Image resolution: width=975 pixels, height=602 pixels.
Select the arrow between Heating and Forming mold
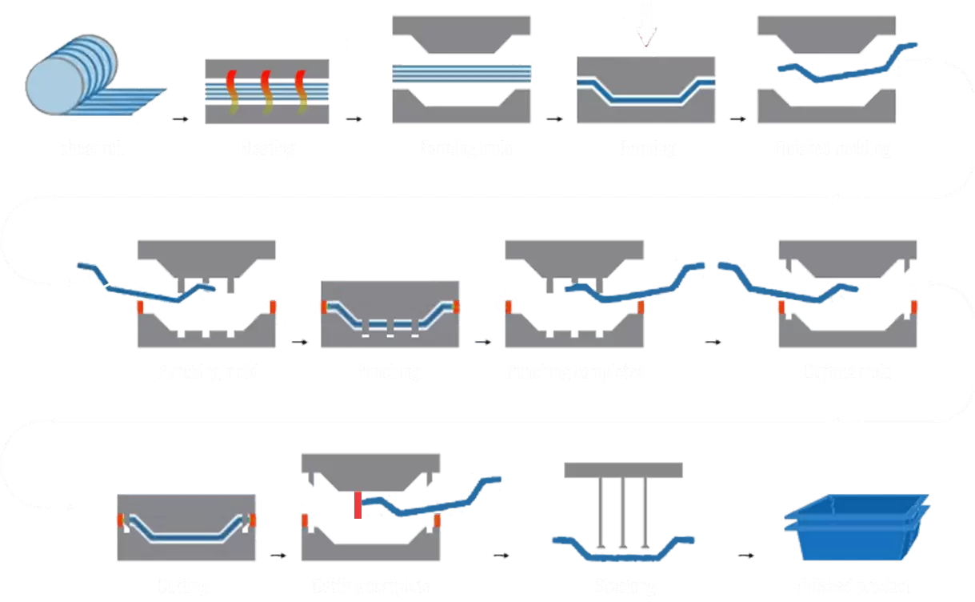pos(353,119)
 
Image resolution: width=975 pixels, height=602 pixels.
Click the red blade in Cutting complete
pos(358,505)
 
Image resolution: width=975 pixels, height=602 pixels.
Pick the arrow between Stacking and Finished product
pos(745,555)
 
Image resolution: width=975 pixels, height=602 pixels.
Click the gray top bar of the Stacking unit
pos(623,470)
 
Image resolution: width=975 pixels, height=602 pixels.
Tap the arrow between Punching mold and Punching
pos(300,342)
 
